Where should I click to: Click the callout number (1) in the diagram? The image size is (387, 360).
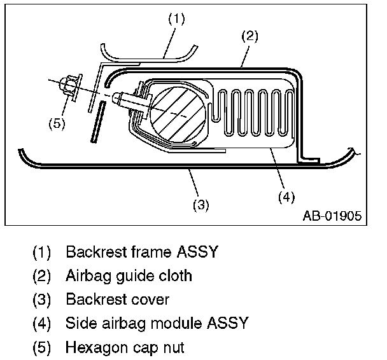click(x=176, y=19)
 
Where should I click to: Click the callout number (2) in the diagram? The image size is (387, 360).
click(x=249, y=36)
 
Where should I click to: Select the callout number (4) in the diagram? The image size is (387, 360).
click(x=286, y=197)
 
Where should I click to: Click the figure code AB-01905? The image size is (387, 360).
click(x=332, y=216)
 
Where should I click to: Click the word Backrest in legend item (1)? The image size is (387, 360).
click(x=95, y=252)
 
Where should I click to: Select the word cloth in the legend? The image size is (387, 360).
click(x=174, y=276)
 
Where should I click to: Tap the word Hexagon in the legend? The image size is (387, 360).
click(x=95, y=348)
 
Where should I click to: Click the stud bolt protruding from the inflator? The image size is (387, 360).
click(x=128, y=99)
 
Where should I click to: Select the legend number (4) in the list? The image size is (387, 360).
click(x=43, y=324)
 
